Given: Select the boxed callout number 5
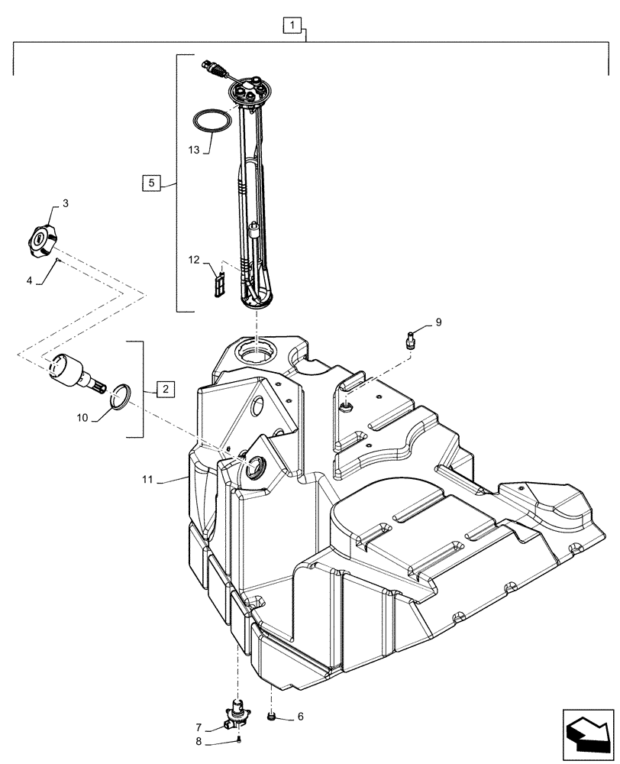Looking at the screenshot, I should [x=151, y=183].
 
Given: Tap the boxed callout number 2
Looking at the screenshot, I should [x=166, y=389].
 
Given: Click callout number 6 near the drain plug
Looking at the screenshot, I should [x=300, y=717].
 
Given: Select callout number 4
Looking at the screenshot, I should [x=29, y=280].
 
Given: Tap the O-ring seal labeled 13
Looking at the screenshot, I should [x=212, y=121].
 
